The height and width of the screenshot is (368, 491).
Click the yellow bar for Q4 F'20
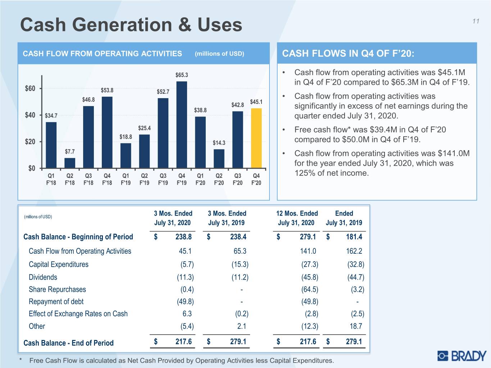pos(256,138)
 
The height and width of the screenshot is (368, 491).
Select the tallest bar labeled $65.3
pos(182,125)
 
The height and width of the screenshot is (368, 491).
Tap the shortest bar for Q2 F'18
pos(70,163)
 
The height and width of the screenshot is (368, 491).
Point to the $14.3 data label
pos(219,143)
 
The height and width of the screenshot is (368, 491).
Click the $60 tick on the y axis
pos(30,88)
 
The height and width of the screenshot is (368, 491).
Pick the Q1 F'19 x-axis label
pos(126,179)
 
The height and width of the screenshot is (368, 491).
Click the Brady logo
pos(462,356)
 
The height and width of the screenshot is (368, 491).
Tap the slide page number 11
pos(476,21)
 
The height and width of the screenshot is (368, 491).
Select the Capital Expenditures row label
pos(59,264)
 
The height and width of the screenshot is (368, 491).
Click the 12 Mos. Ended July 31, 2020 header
pos(297,218)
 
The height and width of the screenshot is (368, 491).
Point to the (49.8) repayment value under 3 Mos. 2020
pos(186,302)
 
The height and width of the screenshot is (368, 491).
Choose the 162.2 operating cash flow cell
pos(354,251)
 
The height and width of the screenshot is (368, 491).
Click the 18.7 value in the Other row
pos(356,326)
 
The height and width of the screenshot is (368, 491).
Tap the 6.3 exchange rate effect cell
pos(187,314)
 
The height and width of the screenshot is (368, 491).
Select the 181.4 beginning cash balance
pos(354,237)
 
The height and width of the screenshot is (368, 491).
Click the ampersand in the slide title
pos(185,25)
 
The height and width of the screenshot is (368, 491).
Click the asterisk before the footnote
pos(21,359)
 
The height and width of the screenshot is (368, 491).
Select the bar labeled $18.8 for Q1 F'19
pos(126,156)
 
